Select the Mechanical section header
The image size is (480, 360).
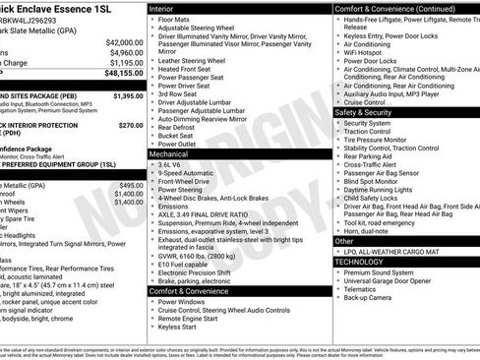170,153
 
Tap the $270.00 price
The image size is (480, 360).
130,125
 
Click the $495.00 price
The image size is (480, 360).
130,185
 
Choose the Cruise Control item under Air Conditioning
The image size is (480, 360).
365,101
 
